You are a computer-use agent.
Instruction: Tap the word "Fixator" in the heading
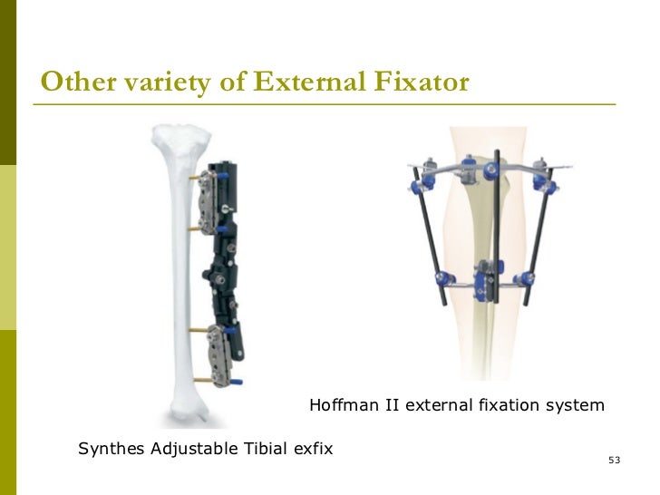point(422,82)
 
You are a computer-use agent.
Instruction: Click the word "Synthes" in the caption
point(110,448)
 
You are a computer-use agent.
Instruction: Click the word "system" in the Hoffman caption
point(576,404)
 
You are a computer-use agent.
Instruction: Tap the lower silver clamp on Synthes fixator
point(221,354)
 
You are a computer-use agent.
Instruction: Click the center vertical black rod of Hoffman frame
point(480,227)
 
